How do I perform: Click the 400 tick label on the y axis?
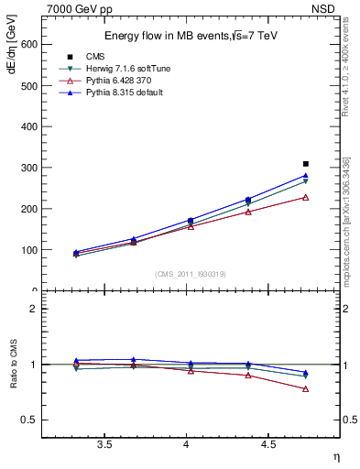(28, 126)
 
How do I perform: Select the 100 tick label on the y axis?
(28, 250)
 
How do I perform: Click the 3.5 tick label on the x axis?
(104, 445)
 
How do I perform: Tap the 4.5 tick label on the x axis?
(268, 445)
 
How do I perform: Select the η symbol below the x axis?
(335, 457)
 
